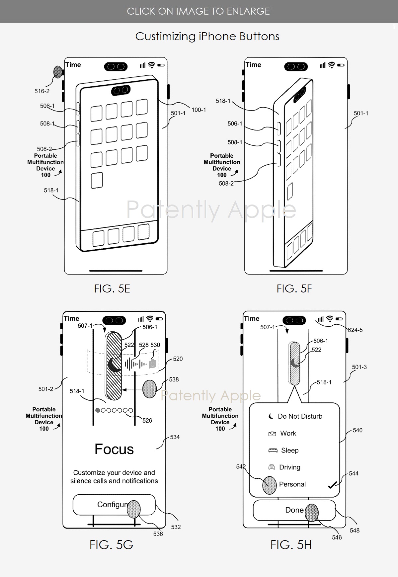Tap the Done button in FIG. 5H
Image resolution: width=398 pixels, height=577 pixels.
pyautogui.click(x=294, y=510)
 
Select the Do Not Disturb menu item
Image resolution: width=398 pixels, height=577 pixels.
pyautogui.click(x=295, y=416)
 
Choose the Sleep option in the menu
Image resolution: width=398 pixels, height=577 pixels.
pyautogui.click(x=289, y=450)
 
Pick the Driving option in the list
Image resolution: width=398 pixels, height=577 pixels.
pyautogui.click(x=289, y=467)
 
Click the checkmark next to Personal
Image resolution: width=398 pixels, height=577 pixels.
pyautogui.click(x=332, y=485)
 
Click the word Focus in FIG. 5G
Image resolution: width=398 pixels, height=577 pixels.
pyautogui.click(x=114, y=449)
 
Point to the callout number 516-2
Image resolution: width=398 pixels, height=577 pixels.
pyautogui.click(x=42, y=91)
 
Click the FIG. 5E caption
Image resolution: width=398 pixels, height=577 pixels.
pyautogui.click(x=112, y=288)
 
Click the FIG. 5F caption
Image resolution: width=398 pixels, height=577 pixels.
pyautogui.click(x=294, y=288)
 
